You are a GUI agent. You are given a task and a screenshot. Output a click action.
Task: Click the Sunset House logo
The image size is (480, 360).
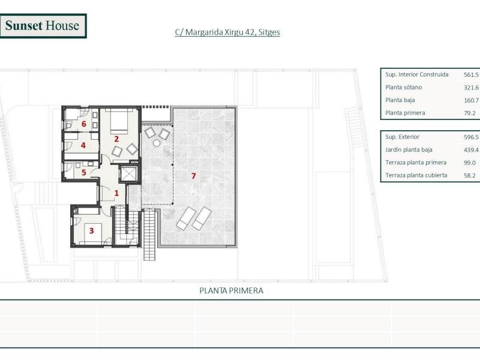[43, 26]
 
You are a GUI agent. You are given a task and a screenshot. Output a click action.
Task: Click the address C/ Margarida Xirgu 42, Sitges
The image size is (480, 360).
[227, 32]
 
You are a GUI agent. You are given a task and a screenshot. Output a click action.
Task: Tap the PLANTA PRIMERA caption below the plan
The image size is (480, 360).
[231, 290]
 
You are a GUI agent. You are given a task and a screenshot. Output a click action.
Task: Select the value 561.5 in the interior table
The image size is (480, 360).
[471, 75]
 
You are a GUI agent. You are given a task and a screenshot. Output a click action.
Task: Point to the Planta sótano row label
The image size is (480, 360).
[403, 88]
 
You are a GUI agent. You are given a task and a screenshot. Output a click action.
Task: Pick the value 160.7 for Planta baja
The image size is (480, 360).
[471, 100]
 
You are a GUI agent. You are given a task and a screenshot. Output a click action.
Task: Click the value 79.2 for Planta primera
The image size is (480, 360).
[469, 113]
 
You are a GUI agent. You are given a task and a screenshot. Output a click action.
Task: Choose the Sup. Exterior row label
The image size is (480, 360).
[403, 137]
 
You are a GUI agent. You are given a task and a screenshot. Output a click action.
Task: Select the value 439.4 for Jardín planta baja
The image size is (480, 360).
[471, 150]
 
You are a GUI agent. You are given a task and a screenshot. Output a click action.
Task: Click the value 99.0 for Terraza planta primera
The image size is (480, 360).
[469, 163]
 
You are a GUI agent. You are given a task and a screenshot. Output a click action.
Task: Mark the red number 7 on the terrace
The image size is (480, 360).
[193, 176]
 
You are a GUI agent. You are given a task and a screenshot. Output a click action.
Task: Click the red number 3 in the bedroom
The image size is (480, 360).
[92, 230]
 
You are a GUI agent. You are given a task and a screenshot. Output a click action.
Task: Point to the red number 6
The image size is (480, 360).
[84, 124]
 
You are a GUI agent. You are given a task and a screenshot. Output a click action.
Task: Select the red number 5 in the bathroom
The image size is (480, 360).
[84, 173]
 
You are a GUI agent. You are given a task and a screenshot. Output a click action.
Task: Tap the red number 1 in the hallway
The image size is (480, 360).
[117, 193]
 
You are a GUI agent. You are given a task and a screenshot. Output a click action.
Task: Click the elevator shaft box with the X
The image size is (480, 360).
[129, 174]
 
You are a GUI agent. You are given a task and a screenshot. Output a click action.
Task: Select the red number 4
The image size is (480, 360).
[83, 145]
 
